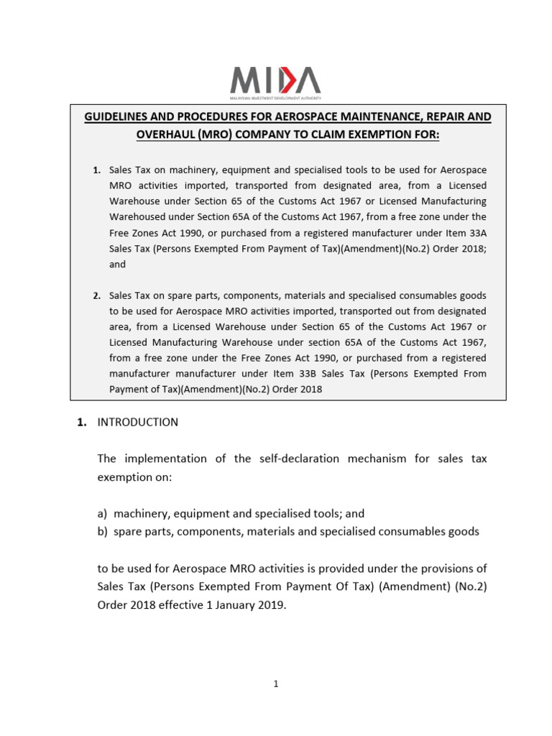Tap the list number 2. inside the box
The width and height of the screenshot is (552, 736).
(x=97, y=295)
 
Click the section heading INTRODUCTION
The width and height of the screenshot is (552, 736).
(x=137, y=423)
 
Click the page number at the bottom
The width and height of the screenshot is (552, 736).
(x=275, y=684)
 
